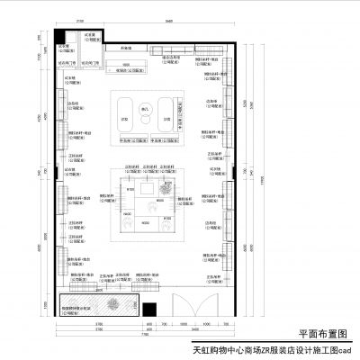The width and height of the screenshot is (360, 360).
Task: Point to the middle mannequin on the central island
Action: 154,205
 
